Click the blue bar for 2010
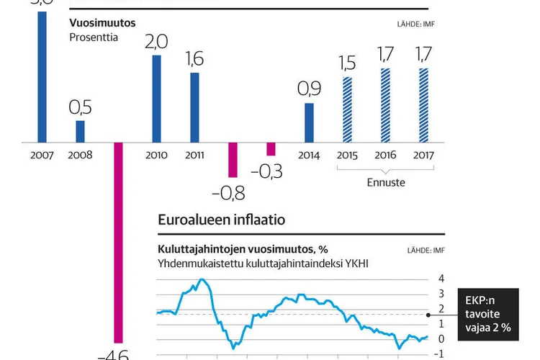(x=156, y=99)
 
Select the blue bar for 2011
(x=194, y=107)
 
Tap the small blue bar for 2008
(x=81, y=131)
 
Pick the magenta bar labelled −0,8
(x=233, y=159)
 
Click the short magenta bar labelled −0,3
(x=271, y=148)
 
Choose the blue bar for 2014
(x=309, y=122)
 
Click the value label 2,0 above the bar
(x=156, y=42)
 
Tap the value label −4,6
(x=114, y=354)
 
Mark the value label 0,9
(x=309, y=89)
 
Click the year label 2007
(x=42, y=155)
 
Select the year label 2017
(x=423, y=155)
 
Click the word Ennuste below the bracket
(x=385, y=182)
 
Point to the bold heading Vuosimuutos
(x=102, y=23)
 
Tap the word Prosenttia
(x=94, y=37)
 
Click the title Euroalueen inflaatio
(x=221, y=220)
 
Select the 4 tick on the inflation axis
(x=441, y=279)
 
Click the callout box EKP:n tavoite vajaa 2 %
(x=487, y=311)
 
